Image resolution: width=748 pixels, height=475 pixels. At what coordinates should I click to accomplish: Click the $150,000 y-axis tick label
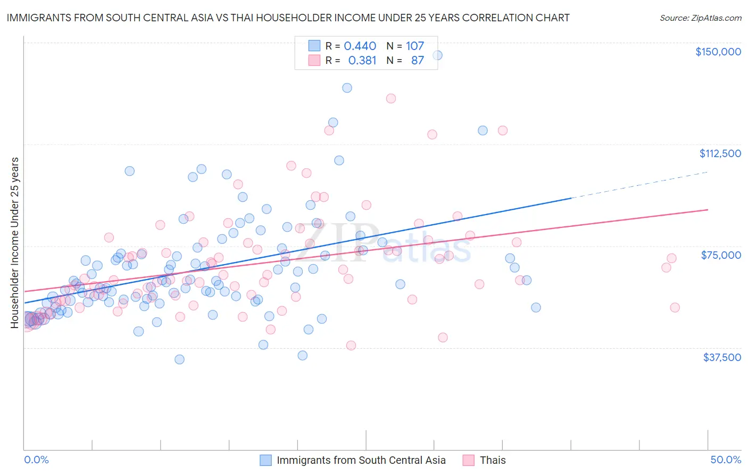718,52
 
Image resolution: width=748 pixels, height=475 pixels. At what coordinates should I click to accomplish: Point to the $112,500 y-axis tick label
720,153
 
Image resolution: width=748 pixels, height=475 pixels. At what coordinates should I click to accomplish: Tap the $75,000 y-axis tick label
721,255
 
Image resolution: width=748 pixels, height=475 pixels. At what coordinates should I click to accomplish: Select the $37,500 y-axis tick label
722,357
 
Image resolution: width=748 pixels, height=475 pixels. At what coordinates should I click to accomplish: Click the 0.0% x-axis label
36,460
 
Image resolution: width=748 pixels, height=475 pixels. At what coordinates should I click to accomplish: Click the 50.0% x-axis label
726,460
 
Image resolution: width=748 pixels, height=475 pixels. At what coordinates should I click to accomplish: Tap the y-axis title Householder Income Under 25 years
15,242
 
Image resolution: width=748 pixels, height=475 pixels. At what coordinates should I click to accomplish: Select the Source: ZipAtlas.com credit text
700,18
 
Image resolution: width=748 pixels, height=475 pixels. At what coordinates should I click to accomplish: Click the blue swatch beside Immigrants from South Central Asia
265,460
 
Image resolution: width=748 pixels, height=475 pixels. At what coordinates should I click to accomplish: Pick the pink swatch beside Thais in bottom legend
468,460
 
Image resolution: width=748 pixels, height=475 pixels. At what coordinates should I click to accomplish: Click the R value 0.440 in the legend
360,46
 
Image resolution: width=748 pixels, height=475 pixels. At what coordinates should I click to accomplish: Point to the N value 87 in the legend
417,61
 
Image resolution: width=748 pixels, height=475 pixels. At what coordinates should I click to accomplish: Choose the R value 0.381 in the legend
362,61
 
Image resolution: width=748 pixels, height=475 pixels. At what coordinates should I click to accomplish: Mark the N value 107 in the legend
415,46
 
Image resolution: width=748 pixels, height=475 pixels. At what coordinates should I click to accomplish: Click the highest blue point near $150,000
437,55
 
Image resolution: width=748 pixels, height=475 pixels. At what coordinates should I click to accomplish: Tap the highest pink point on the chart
391,99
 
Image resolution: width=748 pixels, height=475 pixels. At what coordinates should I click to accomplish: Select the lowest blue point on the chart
180,359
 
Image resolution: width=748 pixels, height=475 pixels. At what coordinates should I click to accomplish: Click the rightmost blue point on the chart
536,307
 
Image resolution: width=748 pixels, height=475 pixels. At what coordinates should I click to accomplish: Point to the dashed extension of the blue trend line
638,185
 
